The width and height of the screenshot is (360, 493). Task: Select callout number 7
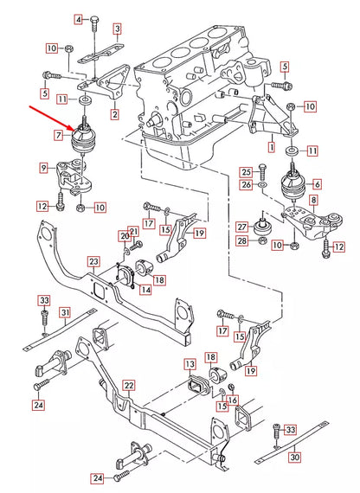[x=58, y=136]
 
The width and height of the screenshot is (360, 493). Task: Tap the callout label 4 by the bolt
[x=78, y=19]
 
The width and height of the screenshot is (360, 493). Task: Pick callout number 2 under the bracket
[x=114, y=113]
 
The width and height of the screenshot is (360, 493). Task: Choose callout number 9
[x=42, y=166]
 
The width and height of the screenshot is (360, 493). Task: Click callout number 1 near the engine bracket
[x=271, y=148]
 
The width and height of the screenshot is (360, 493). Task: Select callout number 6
[x=317, y=184]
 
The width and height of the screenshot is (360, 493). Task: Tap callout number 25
[x=246, y=172]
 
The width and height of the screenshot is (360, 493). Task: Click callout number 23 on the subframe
[x=93, y=259]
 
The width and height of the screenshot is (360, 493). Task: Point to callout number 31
[x=64, y=312]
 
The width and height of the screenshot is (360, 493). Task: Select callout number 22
[x=128, y=386]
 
